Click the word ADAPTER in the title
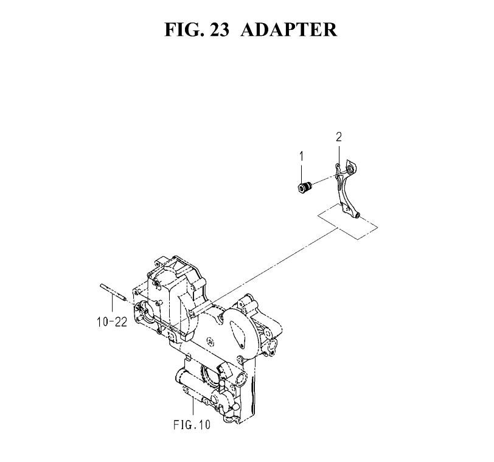tap(288, 30)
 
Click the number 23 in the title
tap(218, 30)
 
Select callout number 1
tap(302, 156)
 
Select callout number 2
tap(339, 137)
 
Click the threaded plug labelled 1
tap(305, 187)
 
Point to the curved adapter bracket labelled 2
tap(347, 189)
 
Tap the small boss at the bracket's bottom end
tap(358, 215)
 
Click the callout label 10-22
tap(112, 322)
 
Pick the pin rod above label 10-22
tap(113, 292)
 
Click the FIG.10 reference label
tap(192, 424)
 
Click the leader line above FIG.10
tap(193, 407)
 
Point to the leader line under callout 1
tap(302, 172)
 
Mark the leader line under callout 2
tap(339, 154)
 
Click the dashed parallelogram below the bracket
tap(347, 222)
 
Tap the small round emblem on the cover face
tap(209, 340)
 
